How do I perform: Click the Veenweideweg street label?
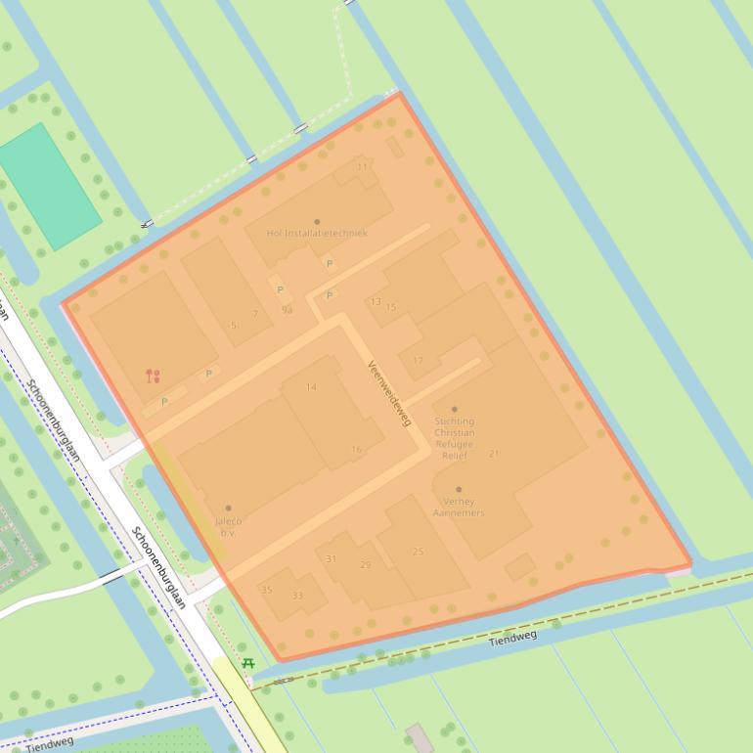pyautogui.click(x=389, y=393)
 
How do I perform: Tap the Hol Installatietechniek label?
pyautogui.click(x=317, y=233)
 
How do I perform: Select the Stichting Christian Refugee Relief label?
pyautogui.click(x=454, y=438)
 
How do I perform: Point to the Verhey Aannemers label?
pyautogui.click(x=458, y=507)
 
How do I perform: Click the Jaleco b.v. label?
pyautogui.click(x=228, y=527)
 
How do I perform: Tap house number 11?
pyautogui.click(x=363, y=167)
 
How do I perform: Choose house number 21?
pyautogui.click(x=493, y=454)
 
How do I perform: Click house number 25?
pyautogui.click(x=418, y=552)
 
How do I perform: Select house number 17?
pyautogui.click(x=418, y=361)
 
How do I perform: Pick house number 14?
pyautogui.click(x=311, y=387)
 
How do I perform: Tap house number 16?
pyautogui.click(x=356, y=450)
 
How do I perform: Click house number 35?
pyautogui.click(x=266, y=590)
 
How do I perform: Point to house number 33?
pyautogui.click(x=297, y=596)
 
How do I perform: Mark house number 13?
pyautogui.click(x=376, y=302)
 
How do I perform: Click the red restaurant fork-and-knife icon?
pyautogui.click(x=153, y=376)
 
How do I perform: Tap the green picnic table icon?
pyautogui.click(x=248, y=664)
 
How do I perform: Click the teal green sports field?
pyautogui.click(x=49, y=187)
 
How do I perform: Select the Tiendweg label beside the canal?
pyautogui.click(x=512, y=638)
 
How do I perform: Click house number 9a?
pyautogui.click(x=287, y=310)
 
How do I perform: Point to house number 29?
pyautogui.click(x=365, y=564)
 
